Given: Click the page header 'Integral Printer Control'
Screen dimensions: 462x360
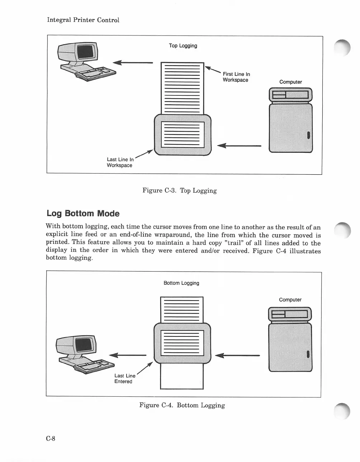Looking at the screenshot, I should point(83,20).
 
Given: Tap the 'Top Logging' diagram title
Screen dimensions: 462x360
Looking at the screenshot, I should point(183,46).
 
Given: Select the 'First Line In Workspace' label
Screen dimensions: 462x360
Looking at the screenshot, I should point(236,77).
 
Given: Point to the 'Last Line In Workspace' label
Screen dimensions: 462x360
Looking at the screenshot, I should point(120,162).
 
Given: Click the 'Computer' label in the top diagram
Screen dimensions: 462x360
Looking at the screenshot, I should point(290,82).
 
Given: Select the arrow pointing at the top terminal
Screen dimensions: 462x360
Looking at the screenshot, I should point(133,62).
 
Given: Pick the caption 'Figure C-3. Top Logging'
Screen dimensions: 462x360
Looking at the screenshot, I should point(179,190).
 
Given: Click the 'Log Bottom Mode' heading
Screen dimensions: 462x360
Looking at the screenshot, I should point(83,213).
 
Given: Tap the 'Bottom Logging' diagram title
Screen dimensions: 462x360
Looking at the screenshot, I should point(181,283).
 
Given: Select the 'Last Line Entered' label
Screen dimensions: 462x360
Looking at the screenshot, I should point(124,378).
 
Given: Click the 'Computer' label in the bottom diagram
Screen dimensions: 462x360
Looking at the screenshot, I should point(290,300).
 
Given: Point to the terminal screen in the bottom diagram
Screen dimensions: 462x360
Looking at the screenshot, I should point(85,345).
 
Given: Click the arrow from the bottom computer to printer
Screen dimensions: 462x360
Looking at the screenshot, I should point(237,355).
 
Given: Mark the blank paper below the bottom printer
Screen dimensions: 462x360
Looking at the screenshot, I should point(182,377).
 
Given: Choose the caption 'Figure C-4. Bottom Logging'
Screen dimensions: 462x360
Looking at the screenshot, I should point(182,405).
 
